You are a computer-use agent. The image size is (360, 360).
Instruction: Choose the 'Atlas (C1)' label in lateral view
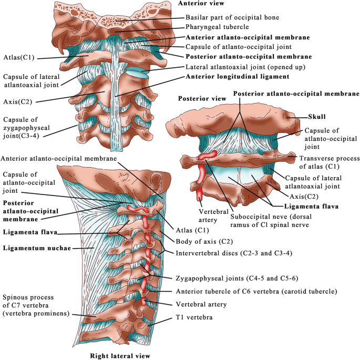tap(192, 230)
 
